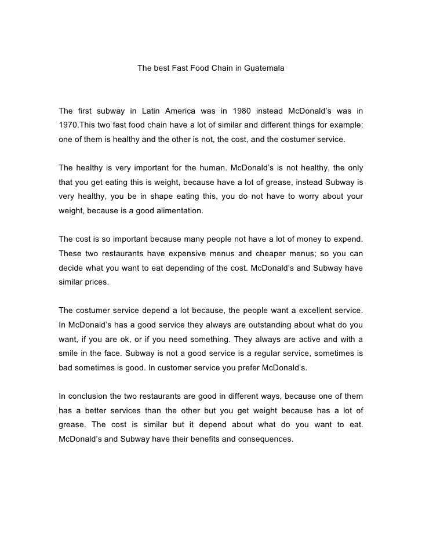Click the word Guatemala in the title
coord(264,68)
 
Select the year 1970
coord(68,125)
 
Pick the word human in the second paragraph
coord(212,168)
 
